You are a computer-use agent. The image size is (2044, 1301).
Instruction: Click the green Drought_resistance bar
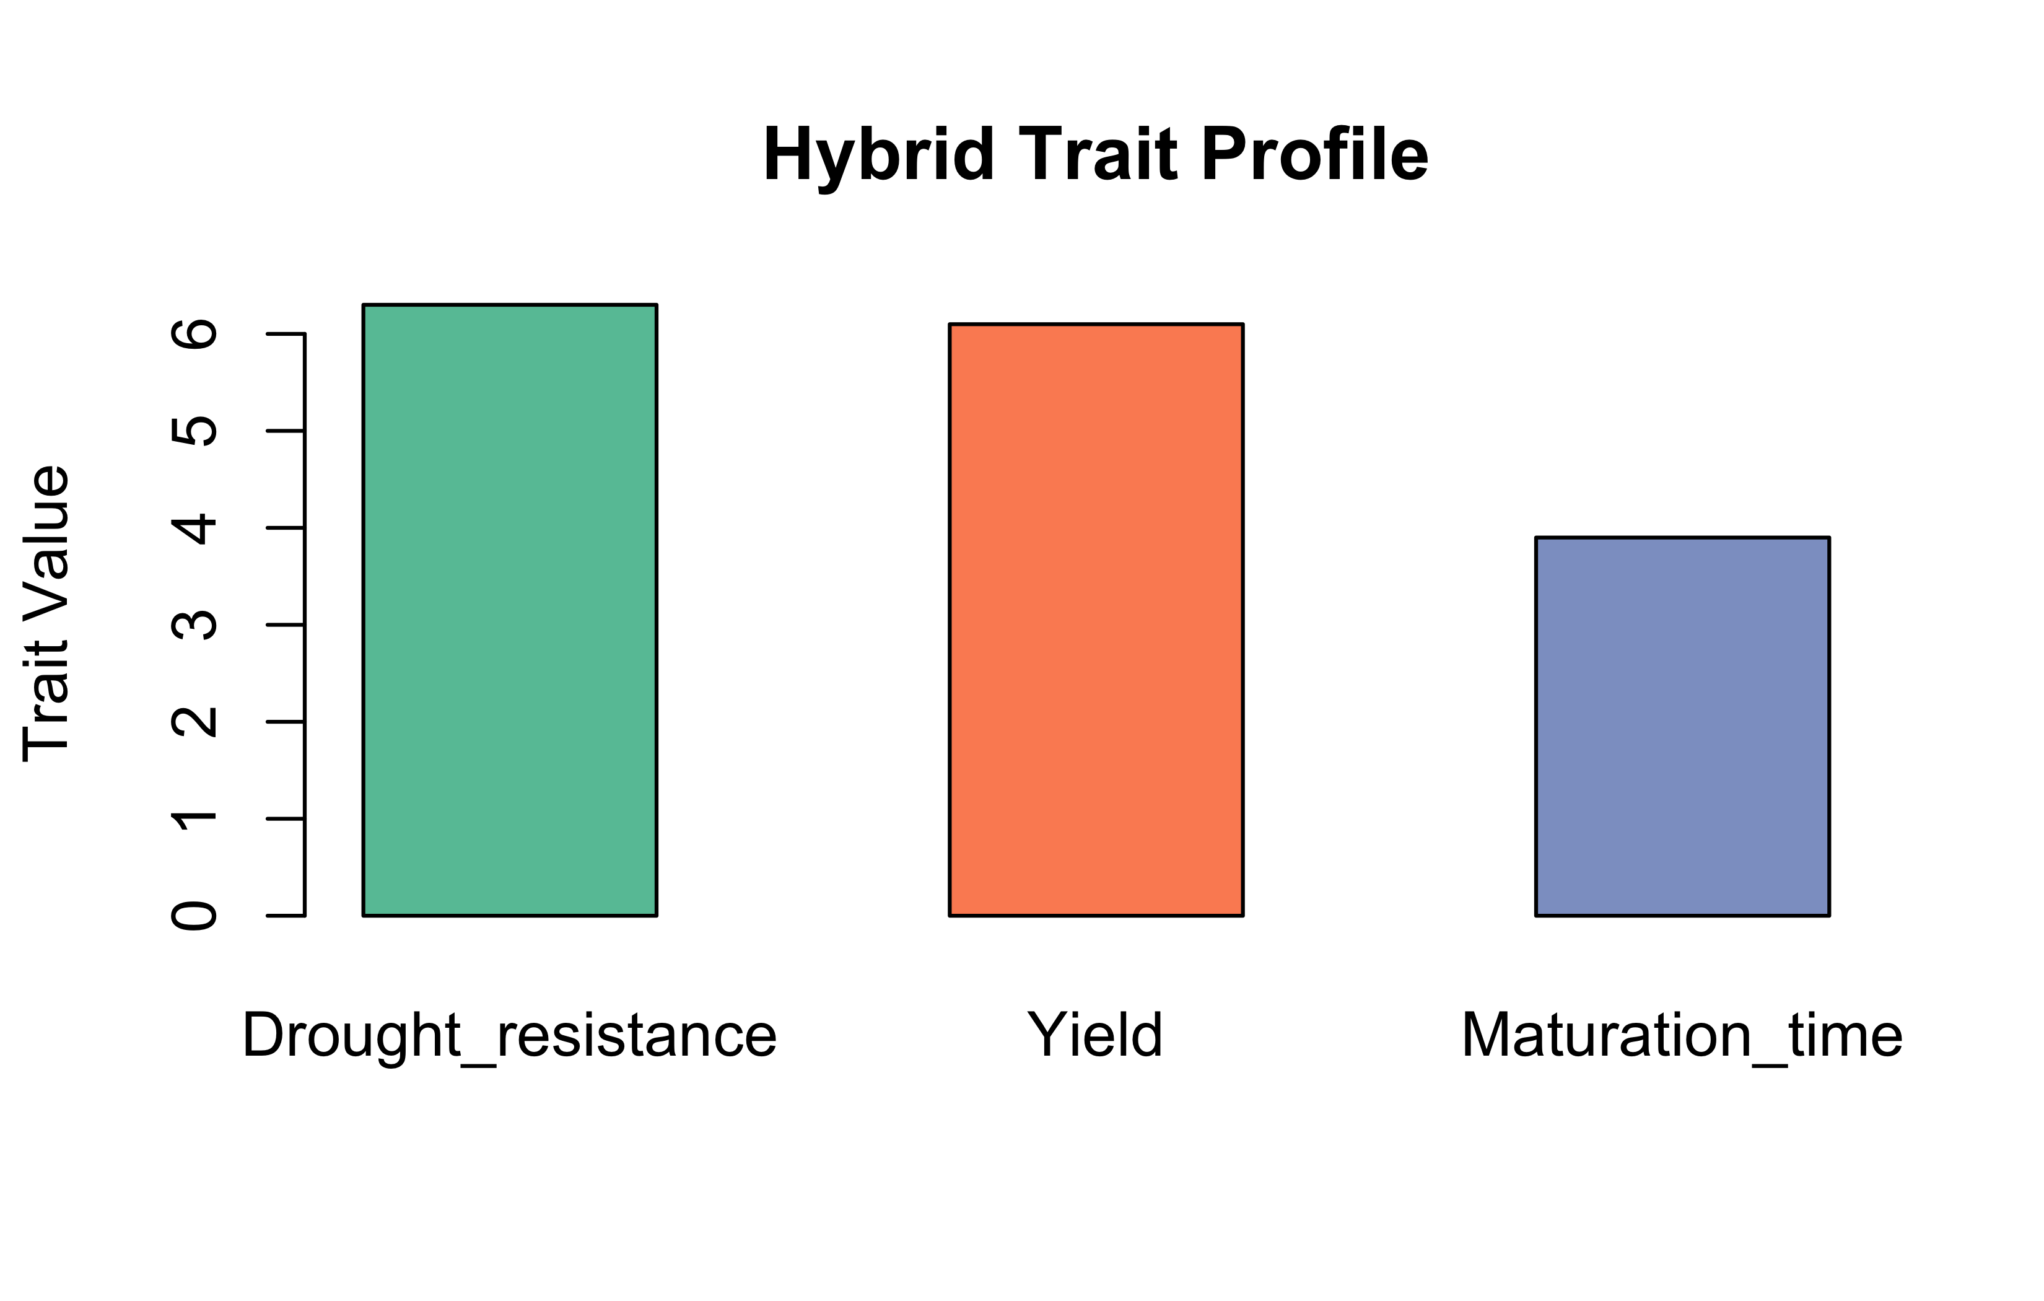(x=509, y=610)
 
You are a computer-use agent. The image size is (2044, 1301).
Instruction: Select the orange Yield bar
(x=1096, y=620)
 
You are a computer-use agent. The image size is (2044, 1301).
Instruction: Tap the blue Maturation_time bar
(x=1682, y=726)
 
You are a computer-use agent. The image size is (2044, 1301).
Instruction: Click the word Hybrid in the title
(x=878, y=156)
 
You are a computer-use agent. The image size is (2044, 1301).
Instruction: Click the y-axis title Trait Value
(x=46, y=613)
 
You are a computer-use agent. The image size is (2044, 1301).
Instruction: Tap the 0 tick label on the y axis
(x=194, y=916)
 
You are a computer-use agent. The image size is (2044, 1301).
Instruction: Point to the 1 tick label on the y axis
(x=194, y=818)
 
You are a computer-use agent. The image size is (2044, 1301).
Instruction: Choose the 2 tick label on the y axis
(x=194, y=722)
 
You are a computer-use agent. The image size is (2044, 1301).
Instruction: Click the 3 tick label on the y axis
(x=194, y=625)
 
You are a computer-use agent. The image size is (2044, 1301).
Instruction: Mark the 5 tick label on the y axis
(x=194, y=431)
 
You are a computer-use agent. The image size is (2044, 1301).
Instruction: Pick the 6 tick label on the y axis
(x=194, y=335)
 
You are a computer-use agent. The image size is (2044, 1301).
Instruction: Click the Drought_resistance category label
(x=509, y=1036)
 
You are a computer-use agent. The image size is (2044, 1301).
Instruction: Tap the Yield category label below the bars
(x=1095, y=1035)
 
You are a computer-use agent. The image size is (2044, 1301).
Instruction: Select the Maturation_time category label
(x=1682, y=1036)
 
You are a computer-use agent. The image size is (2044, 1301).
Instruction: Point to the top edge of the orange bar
(x=1096, y=323)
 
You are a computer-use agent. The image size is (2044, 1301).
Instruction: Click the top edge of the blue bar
(x=1682, y=537)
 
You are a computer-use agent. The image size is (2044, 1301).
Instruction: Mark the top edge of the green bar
(x=509, y=304)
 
